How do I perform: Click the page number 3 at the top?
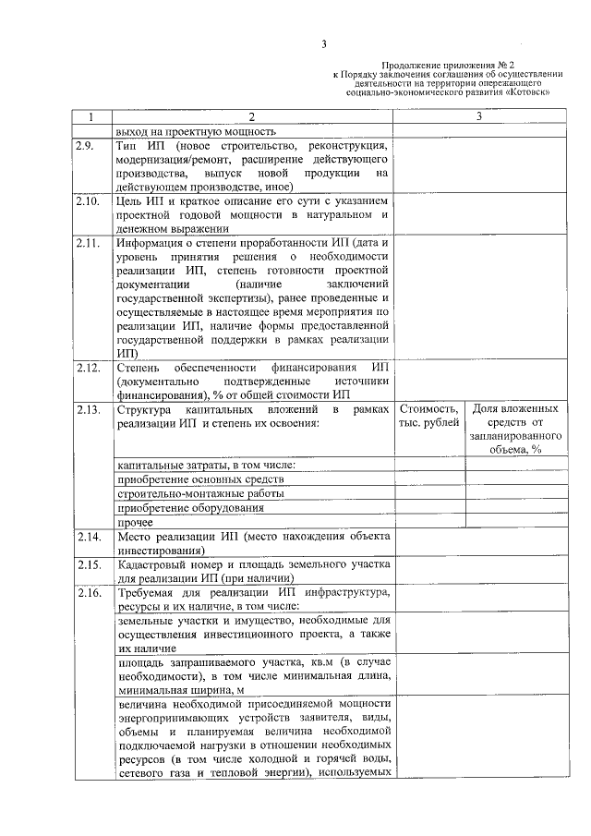324,44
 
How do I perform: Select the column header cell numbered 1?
90,117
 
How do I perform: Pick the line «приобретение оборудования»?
190,507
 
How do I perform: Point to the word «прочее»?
135,522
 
